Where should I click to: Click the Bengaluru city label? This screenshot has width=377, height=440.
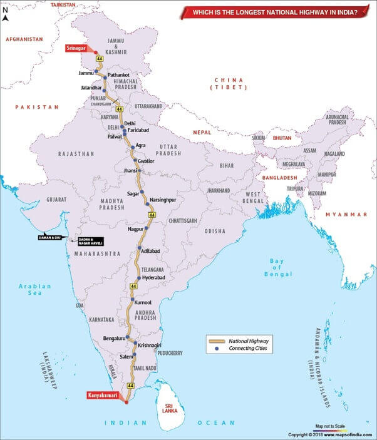click(x=114, y=339)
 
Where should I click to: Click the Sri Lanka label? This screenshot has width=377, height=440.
click(x=169, y=408)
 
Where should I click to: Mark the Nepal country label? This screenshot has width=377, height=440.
click(x=202, y=133)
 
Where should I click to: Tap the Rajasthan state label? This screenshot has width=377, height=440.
click(x=76, y=153)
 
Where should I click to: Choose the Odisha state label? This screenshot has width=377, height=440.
click(x=214, y=231)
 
